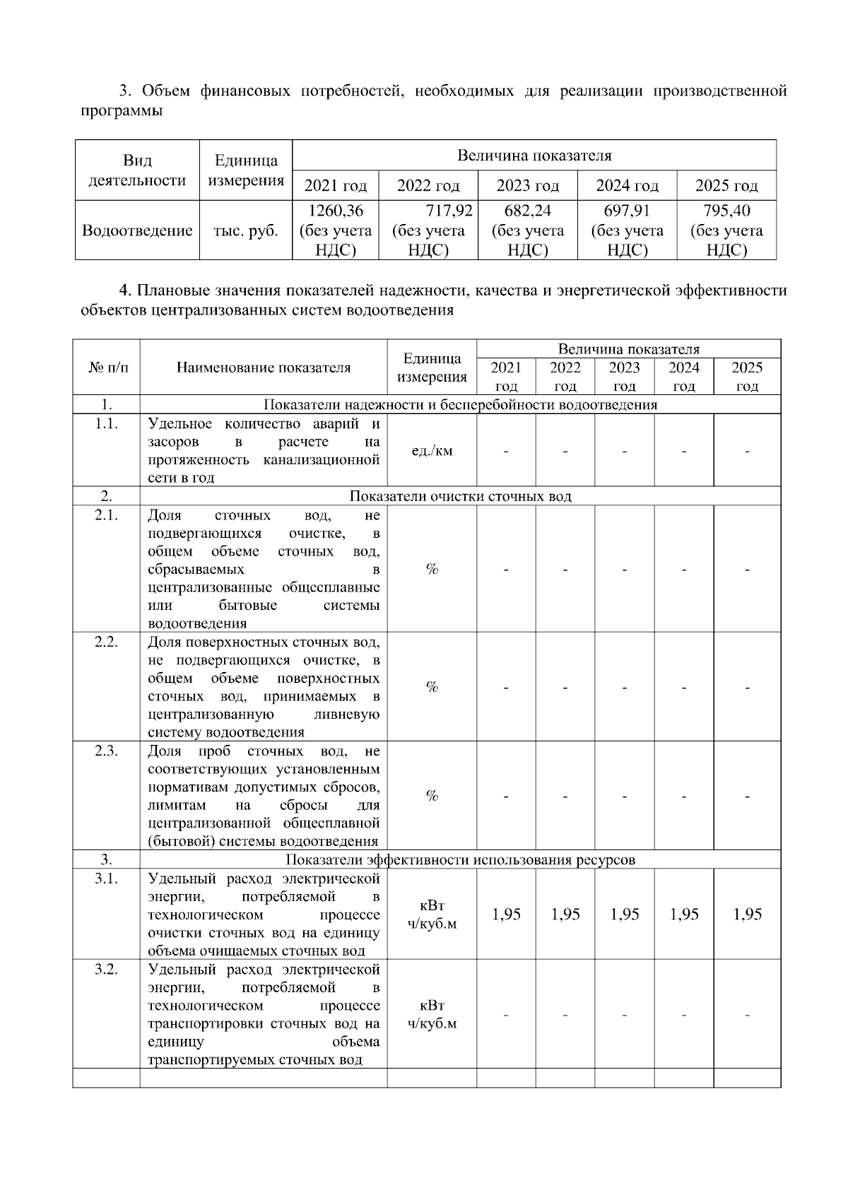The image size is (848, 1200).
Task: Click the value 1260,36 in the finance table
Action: [336, 211]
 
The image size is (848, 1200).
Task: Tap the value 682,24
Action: [527, 211]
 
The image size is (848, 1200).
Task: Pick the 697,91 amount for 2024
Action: [627, 211]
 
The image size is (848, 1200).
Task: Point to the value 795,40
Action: [726, 211]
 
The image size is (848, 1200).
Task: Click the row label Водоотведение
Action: [137, 230]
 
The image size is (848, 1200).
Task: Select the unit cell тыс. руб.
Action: [246, 230]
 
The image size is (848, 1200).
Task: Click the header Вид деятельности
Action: [137, 170]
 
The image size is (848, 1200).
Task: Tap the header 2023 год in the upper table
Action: [527, 186]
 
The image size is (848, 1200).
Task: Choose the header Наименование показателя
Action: [264, 367]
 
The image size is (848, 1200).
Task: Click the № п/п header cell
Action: [106, 367]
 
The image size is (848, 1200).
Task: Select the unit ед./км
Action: [432, 451]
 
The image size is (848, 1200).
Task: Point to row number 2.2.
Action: [106, 642]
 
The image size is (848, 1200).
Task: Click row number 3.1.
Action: [106, 878]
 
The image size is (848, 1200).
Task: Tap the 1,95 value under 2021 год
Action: [506, 914]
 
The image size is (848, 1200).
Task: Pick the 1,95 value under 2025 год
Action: [747, 914]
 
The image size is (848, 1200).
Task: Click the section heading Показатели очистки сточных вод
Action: [460, 496]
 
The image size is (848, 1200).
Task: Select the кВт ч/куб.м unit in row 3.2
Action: [432, 1014]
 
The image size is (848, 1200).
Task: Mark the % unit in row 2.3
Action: [432, 796]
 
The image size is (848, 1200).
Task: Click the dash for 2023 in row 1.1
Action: [625, 452]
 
